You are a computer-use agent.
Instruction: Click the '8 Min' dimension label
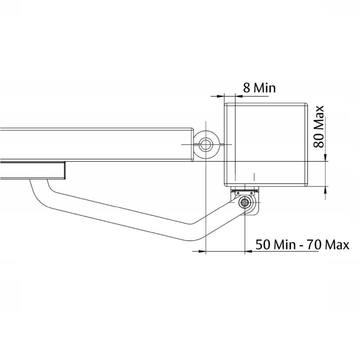pyautogui.click(x=259, y=87)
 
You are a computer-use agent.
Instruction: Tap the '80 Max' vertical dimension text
pyautogui.click(x=320, y=127)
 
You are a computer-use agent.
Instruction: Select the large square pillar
pyautogui.click(x=266, y=144)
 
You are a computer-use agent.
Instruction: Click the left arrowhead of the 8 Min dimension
pyautogui.click(x=220, y=95)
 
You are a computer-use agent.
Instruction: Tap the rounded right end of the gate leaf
pyautogui.click(x=190, y=144)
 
